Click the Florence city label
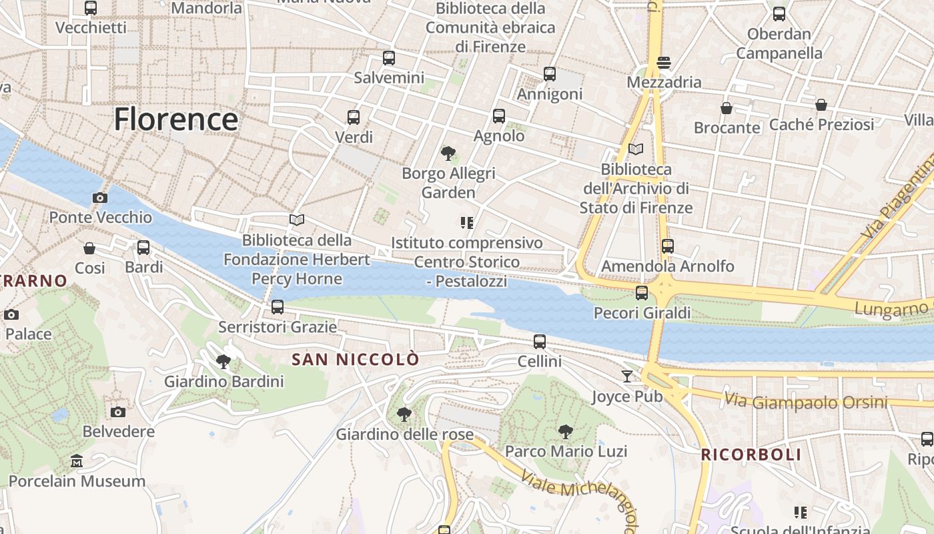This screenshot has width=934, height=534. (175, 119)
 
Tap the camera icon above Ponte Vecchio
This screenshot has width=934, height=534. (100, 198)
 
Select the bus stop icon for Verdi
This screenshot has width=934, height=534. (354, 117)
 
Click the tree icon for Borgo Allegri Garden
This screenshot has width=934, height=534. (448, 154)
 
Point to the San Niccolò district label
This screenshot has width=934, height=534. (356, 360)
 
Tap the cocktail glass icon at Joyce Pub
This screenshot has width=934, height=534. (626, 376)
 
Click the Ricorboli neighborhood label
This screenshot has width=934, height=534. (751, 455)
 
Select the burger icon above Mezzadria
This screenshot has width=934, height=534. (663, 63)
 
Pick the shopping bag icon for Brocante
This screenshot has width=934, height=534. (727, 107)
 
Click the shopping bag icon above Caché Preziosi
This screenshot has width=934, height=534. (821, 105)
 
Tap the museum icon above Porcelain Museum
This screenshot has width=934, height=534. (77, 461)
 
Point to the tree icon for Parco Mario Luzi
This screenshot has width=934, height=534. (566, 431)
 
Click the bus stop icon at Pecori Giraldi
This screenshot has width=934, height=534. (642, 292)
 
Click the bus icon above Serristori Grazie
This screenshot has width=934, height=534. (278, 307)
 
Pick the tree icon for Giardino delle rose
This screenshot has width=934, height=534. (404, 415)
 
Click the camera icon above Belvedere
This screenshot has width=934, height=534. (118, 412)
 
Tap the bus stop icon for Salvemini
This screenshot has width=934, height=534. (389, 58)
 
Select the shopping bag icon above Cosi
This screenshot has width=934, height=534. (89, 248)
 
